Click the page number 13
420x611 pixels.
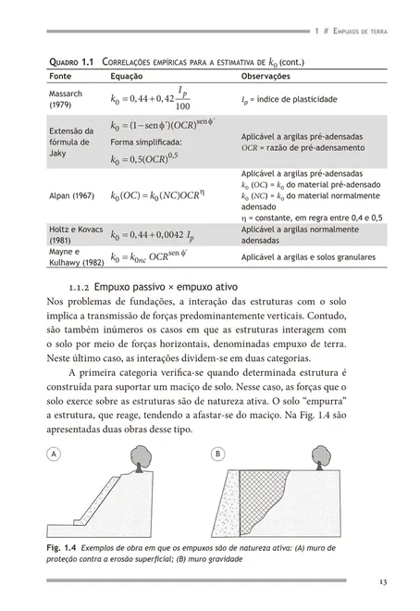tap(382, 581)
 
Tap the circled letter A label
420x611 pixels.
tap(55, 455)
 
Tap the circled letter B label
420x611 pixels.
tap(218, 455)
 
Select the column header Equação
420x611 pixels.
tap(127, 76)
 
